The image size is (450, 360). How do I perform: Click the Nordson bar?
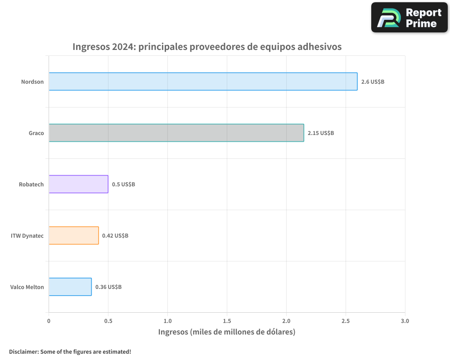coord(202,81)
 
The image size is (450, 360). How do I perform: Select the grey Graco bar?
coord(176,133)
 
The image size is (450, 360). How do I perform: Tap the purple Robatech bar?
coord(78,184)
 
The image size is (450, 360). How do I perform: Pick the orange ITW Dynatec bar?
coord(73,235)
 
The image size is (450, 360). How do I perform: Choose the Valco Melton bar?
coord(70,287)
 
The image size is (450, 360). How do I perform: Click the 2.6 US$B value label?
coord(373,82)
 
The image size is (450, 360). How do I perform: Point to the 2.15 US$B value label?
coord(321,133)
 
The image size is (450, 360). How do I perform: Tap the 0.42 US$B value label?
coord(115,236)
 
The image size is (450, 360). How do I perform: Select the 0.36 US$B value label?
coord(108,287)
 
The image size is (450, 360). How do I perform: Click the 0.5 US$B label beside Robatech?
coord(123,184)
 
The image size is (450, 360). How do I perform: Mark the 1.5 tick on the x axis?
coord(227,321)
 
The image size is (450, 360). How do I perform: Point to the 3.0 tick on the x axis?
coord(405,321)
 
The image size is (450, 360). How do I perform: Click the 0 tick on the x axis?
coord(49,321)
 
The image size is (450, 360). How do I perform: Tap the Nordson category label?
coord(32,82)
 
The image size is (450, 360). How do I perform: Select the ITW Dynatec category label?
coord(27,236)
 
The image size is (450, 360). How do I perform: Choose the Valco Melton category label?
coord(27,287)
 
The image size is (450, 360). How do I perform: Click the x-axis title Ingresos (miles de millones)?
coord(226,332)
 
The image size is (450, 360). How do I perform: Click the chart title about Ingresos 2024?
coord(207,47)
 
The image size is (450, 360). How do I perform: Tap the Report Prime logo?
coord(409,18)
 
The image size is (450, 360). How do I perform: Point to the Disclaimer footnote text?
coord(70,351)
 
